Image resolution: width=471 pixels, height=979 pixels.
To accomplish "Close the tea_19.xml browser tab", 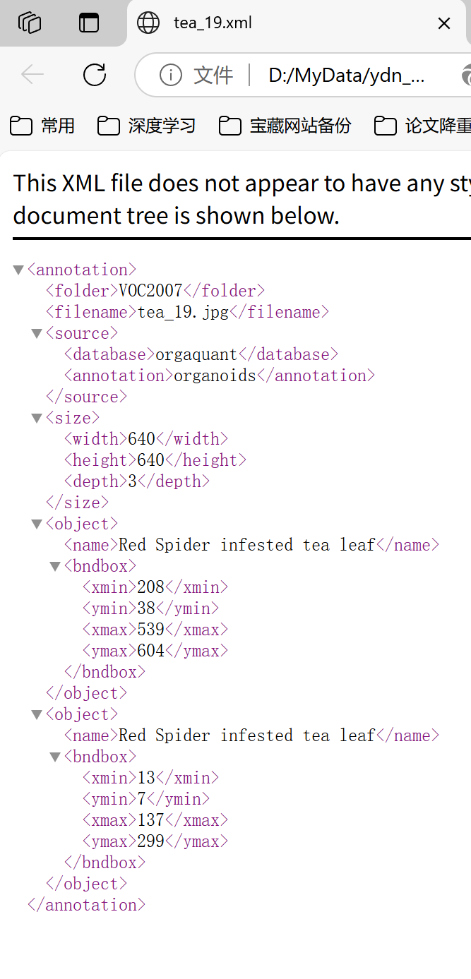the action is pyautogui.click(x=444, y=23).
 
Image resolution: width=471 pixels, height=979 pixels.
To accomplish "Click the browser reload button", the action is pyautogui.click(x=95, y=74).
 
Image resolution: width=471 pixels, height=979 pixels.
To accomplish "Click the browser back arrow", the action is pyautogui.click(x=32, y=74).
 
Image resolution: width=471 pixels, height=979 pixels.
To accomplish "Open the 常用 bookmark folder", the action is pyautogui.click(x=42, y=126).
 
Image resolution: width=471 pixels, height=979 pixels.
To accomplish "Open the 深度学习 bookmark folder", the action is pyautogui.click(x=147, y=126).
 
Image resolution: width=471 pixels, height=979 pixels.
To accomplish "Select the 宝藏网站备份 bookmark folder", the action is pyautogui.click(x=285, y=126).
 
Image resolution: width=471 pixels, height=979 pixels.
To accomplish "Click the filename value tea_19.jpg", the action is pyautogui.click(x=183, y=312).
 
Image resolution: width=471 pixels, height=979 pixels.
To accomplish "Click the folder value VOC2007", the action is pyautogui.click(x=150, y=291).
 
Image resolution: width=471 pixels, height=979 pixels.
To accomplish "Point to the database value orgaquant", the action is pyautogui.click(x=196, y=354).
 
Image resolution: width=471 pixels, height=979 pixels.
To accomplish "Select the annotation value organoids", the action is pyautogui.click(x=215, y=376).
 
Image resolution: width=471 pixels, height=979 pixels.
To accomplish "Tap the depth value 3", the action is pyautogui.click(x=132, y=481).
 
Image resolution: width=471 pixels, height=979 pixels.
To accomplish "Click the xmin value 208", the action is pyautogui.click(x=150, y=587).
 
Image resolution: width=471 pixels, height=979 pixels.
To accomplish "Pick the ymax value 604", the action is pyautogui.click(x=150, y=651).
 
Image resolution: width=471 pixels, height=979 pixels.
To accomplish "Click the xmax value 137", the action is pyautogui.click(x=150, y=820).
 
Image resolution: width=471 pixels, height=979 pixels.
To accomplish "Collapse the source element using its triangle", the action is pyautogui.click(x=37, y=333).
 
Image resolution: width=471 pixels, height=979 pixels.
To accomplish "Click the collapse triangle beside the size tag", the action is pyautogui.click(x=37, y=418).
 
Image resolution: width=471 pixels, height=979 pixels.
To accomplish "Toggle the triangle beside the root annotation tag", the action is pyautogui.click(x=18, y=270).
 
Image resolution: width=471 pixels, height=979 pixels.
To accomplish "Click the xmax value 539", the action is pyautogui.click(x=150, y=630).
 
